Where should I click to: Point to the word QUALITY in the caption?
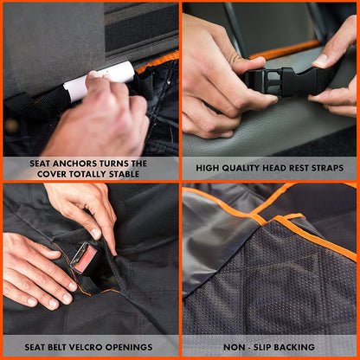[x=240, y=168]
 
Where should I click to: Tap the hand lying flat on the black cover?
[x=35, y=268]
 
